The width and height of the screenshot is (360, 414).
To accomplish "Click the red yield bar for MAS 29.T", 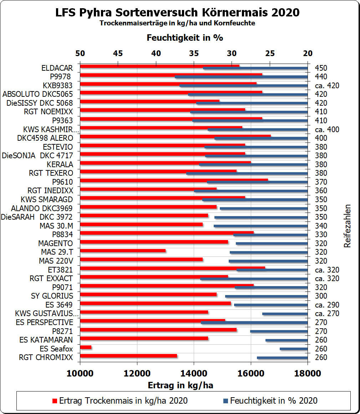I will coord(123,251).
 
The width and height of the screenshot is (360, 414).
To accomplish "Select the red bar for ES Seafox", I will coord(86,347).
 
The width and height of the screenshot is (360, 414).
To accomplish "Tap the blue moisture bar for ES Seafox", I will coord(293,349).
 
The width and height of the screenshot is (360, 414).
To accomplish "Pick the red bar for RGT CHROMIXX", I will coord(128,356).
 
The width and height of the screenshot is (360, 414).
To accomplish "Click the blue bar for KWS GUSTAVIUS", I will coord(285,314).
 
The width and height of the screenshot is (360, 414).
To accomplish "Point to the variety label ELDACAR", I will coord(57,68).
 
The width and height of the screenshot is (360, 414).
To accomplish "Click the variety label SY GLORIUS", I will coord(52,296).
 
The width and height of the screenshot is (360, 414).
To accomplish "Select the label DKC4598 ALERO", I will coord(45,138).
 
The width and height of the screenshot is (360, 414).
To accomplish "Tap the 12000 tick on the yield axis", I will coord(137,374).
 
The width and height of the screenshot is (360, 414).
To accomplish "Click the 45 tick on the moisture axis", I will coord(118,54).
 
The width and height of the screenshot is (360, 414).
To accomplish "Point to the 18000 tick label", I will coord(308,374).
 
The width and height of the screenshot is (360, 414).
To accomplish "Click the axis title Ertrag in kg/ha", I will coord(180,385).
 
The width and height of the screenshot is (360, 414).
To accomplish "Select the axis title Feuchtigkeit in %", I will coord(185,38).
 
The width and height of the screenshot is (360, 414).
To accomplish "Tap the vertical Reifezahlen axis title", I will coord(348,226).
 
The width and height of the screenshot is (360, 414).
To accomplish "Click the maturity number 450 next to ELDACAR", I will coord(321,68).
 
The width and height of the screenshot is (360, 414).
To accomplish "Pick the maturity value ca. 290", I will coord(327,305).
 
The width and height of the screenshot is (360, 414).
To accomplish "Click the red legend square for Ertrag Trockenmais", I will coord(54,401).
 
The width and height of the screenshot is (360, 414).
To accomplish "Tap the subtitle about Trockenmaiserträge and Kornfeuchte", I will coord(177,23).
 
